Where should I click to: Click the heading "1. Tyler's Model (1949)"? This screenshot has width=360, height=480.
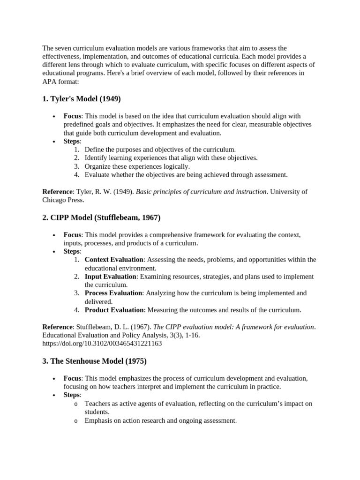82,99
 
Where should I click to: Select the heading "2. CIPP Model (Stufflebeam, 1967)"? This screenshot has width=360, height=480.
101,217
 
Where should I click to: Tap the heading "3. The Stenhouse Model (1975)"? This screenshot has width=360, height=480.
95,361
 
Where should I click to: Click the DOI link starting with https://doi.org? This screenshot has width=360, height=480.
102,344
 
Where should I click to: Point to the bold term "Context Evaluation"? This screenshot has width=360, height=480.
114,260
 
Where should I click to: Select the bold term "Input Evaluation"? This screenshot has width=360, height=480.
110,277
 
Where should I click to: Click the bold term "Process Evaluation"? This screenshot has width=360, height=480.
113,293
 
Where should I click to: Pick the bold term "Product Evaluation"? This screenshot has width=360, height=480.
114,310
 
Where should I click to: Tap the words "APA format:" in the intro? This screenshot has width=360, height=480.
60,82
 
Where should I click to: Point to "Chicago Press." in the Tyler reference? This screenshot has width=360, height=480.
63,200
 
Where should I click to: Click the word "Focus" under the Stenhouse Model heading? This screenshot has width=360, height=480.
72,378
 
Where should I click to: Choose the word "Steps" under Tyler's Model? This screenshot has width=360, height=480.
72,141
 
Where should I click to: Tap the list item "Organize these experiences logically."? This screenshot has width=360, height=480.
137,166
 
